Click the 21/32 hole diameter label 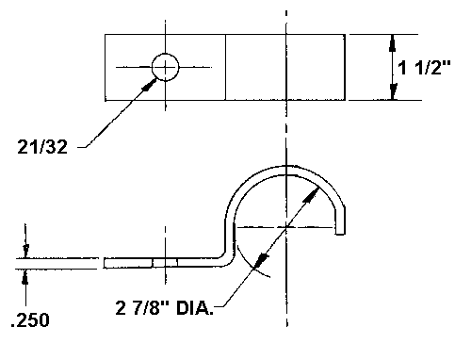point(42,147)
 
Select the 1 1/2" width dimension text point(424,67)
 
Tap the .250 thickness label point(30,320)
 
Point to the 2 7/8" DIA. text point(165,308)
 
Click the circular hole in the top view point(165,67)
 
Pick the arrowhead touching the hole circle point(149,85)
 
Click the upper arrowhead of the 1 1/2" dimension point(392,43)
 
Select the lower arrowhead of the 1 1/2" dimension point(393,91)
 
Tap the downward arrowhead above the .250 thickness point(25,252)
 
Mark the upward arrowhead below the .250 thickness point(25,277)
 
